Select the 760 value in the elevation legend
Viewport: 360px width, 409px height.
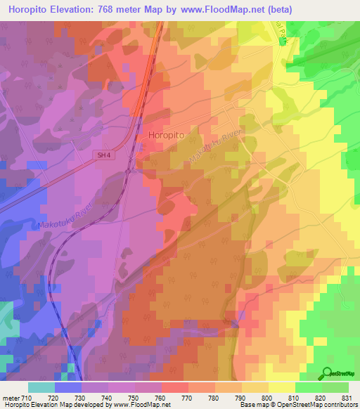pos(161,397)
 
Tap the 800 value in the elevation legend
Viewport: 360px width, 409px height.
pos(268,397)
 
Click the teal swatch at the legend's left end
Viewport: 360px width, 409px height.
pos(41,387)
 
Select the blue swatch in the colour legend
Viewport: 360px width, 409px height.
pos(68,387)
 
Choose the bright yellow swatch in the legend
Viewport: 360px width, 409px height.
pos(282,387)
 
